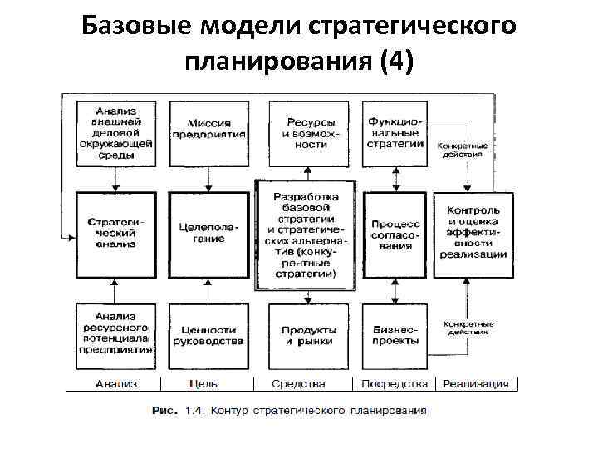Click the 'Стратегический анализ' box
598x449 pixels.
point(115,234)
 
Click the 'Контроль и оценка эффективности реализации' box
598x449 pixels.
point(473,233)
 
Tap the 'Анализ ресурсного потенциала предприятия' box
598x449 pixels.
point(115,335)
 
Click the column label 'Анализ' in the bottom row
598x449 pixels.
point(116,384)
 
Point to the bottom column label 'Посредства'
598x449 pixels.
point(395,384)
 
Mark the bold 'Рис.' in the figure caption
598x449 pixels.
point(164,410)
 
